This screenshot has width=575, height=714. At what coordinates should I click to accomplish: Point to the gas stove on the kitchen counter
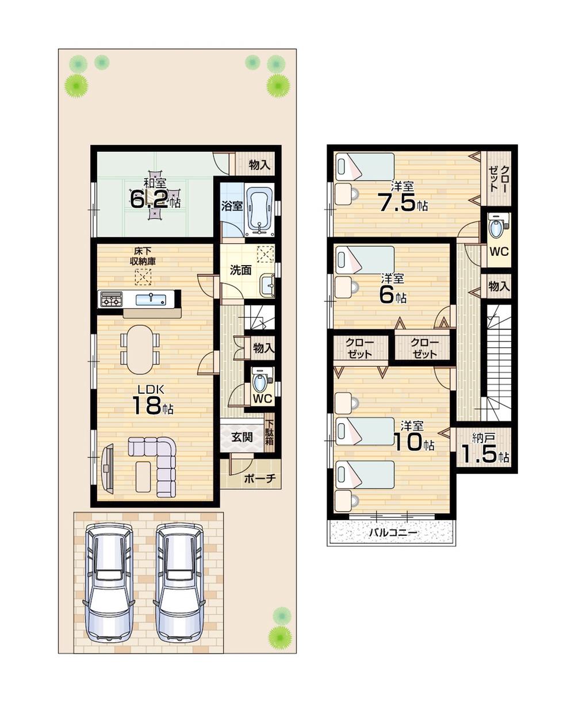pyautogui.click(x=112, y=300)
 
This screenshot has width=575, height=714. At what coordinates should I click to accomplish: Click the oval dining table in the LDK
pyautogui.click(x=140, y=350)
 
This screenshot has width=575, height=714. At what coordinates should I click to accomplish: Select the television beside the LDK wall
pyautogui.click(x=107, y=467)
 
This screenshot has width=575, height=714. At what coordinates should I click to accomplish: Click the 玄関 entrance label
pyautogui.click(x=242, y=437)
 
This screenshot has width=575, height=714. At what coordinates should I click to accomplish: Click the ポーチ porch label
pyautogui.click(x=260, y=478)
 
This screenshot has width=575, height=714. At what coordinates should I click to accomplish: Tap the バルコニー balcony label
pyautogui.click(x=393, y=533)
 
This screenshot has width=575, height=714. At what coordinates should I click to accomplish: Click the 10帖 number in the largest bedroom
pyautogui.click(x=414, y=442)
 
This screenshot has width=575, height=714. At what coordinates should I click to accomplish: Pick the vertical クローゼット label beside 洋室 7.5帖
pyautogui.click(x=498, y=178)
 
